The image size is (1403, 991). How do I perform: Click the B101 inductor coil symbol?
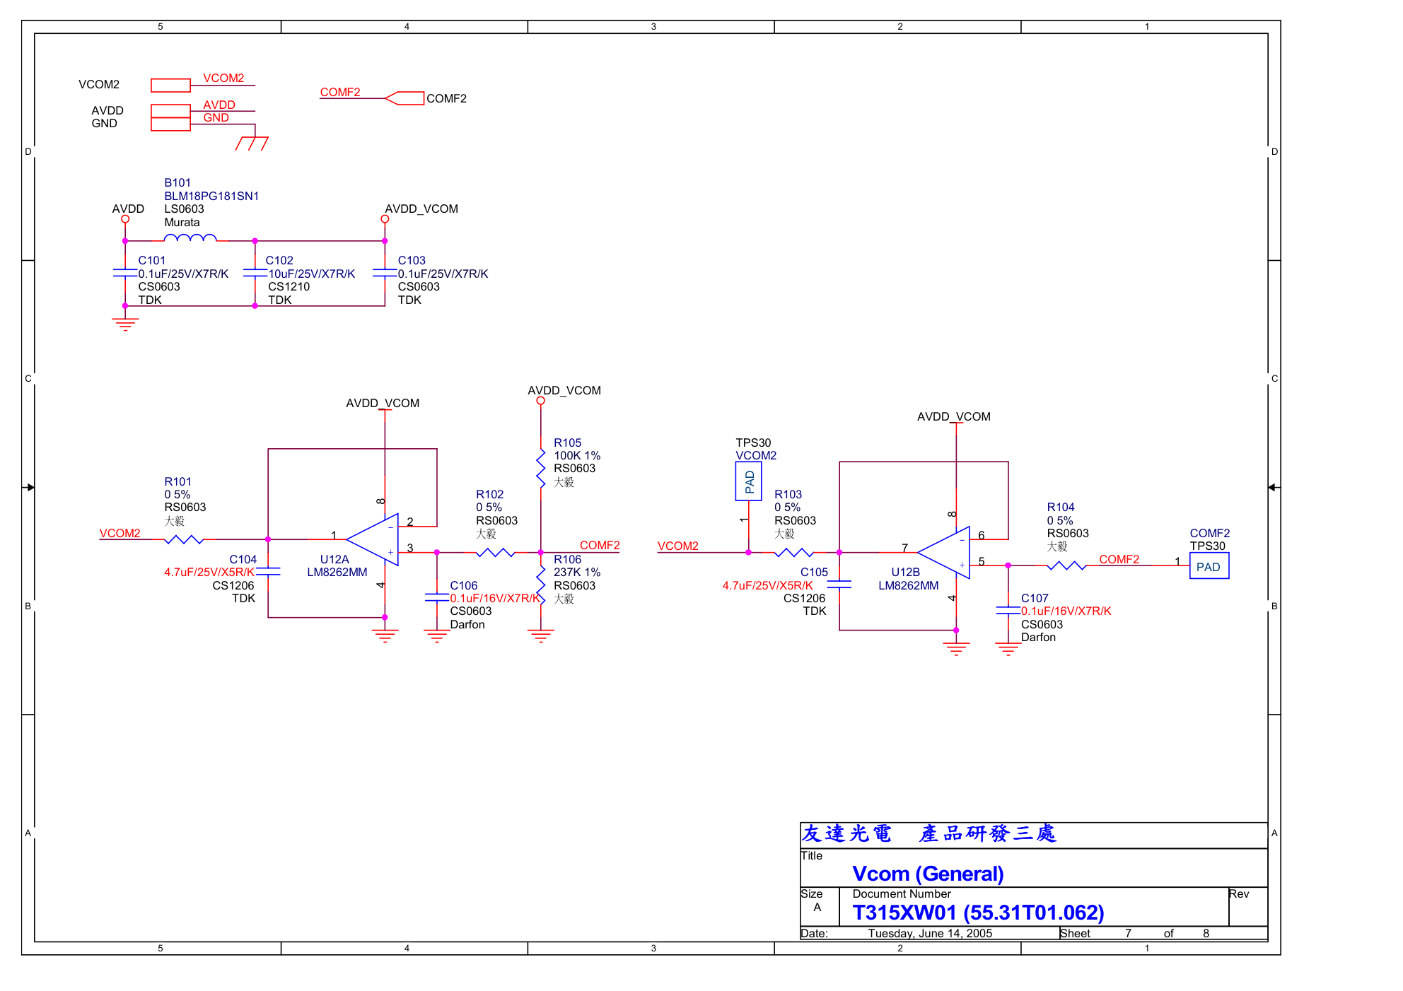point(190,238)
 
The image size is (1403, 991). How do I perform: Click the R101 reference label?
point(177,482)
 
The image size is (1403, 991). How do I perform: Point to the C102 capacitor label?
point(279,261)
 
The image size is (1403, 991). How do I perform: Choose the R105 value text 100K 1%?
point(577,456)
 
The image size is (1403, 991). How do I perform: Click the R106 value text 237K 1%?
point(577,573)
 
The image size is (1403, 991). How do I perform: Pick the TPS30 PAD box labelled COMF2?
point(1209,567)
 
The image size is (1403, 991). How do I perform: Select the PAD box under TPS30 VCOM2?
point(749,481)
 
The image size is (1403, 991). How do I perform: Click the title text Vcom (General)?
point(928,874)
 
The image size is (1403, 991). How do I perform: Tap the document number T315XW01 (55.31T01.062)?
point(978,913)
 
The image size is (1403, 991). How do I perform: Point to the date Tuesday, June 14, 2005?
point(930,934)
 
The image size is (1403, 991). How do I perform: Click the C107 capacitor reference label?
point(1035,599)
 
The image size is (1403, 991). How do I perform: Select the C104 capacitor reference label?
point(243,560)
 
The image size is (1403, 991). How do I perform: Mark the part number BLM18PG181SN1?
point(211,197)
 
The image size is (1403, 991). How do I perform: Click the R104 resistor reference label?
point(1061,508)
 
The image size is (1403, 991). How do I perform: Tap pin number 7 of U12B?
point(905,549)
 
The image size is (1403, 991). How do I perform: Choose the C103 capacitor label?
point(412,261)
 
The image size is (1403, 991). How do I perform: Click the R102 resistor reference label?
point(489,495)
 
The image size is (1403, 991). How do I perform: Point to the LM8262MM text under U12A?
point(337,573)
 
